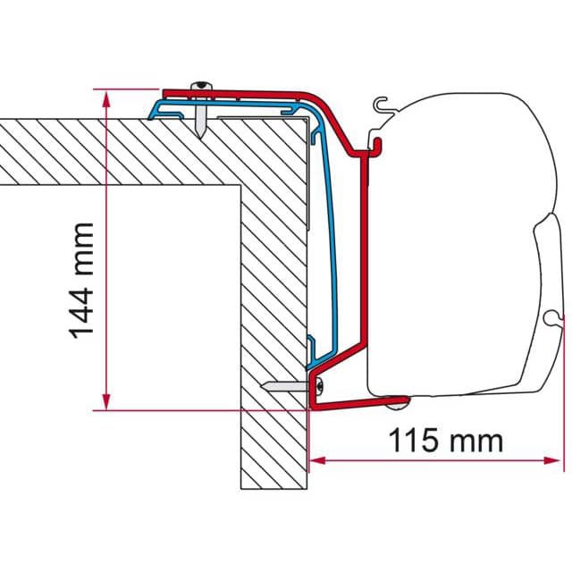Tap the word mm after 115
(x=477, y=440)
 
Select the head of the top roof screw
(x=202, y=86)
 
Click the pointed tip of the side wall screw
(x=267, y=385)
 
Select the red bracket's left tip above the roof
(x=166, y=91)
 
